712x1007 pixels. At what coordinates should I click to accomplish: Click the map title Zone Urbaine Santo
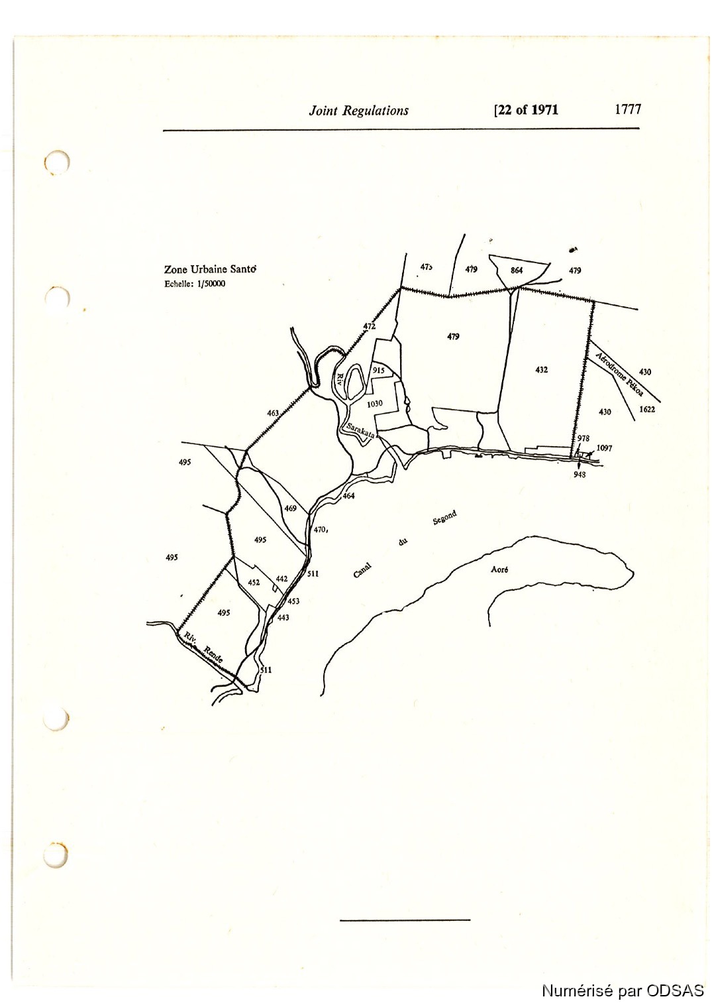pyautogui.click(x=210, y=269)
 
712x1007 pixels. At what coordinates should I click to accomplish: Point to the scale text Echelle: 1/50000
pyautogui.click(x=195, y=284)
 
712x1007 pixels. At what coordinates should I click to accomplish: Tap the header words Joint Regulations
pyautogui.click(x=358, y=111)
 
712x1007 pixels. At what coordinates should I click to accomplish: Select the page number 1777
pyautogui.click(x=627, y=109)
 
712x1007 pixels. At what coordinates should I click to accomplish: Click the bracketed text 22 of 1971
pyautogui.click(x=526, y=110)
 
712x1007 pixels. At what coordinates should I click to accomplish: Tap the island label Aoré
pyautogui.click(x=499, y=569)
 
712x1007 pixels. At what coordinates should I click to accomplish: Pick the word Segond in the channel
pyautogui.click(x=444, y=518)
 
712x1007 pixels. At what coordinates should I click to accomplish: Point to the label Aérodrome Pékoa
pyautogui.click(x=619, y=374)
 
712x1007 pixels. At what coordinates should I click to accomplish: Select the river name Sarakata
pyautogui.click(x=360, y=430)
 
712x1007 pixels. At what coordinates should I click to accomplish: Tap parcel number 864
pyautogui.click(x=517, y=270)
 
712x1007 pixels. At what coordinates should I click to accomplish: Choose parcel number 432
pyautogui.click(x=541, y=369)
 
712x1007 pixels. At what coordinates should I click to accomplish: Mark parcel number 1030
pyautogui.click(x=375, y=403)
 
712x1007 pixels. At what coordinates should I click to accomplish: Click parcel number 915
pyautogui.click(x=379, y=370)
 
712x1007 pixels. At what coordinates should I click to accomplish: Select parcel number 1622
pyautogui.click(x=647, y=409)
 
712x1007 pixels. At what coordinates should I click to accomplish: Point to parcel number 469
pyautogui.click(x=290, y=508)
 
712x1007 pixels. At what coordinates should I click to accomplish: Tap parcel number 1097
pyautogui.click(x=604, y=447)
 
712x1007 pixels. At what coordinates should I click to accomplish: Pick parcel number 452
pyautogui.click(x=254, y=582)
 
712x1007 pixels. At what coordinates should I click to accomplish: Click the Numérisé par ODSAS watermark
pyautogui.click(x=623, y=990)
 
